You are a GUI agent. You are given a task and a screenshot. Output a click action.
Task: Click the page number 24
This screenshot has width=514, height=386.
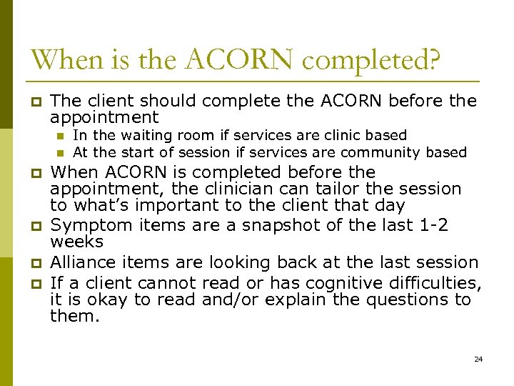478,358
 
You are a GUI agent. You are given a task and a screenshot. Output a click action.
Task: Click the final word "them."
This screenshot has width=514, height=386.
75,317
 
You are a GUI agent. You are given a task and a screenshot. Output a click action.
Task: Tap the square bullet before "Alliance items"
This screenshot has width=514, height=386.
31,264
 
